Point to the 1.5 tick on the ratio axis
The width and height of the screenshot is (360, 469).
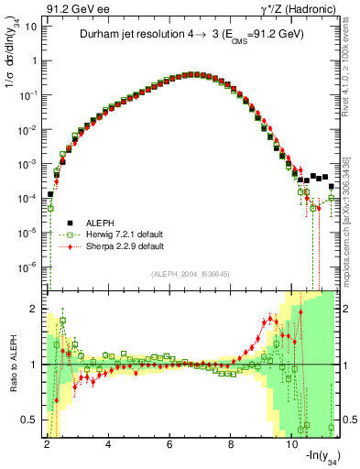click(x=32, y=336)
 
